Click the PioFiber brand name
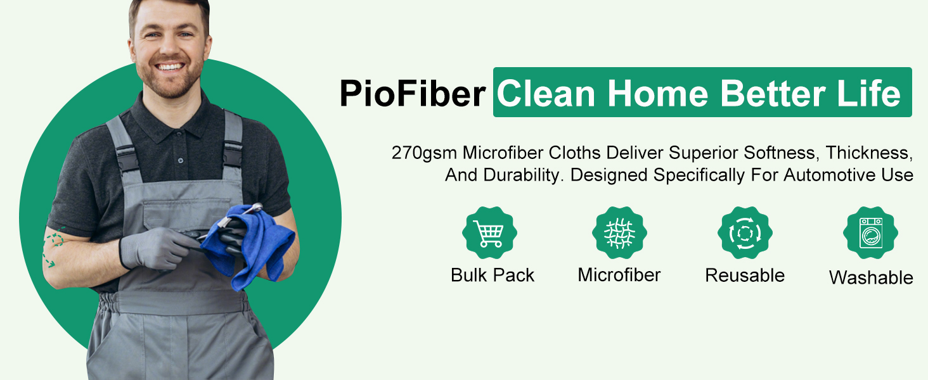(x=412, y=93)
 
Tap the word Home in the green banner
(x=658, y=93)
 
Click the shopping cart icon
(x=489, y=232)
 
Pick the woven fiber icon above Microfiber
(x=619, y=232)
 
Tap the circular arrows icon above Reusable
(x=745, y=232)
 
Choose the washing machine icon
(x=870, y=232)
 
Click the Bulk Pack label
(x=493, y=275)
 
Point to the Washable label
(x=871, y=277)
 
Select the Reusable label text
(x=745, y=275)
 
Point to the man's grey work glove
(x=155, y=248)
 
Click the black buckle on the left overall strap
(x=127, y=158)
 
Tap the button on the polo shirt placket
(x=180, y=160)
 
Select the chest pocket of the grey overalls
(x=186, y=216)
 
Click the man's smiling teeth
(x=170, y=66)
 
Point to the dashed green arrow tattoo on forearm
(x=53, y=247)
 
